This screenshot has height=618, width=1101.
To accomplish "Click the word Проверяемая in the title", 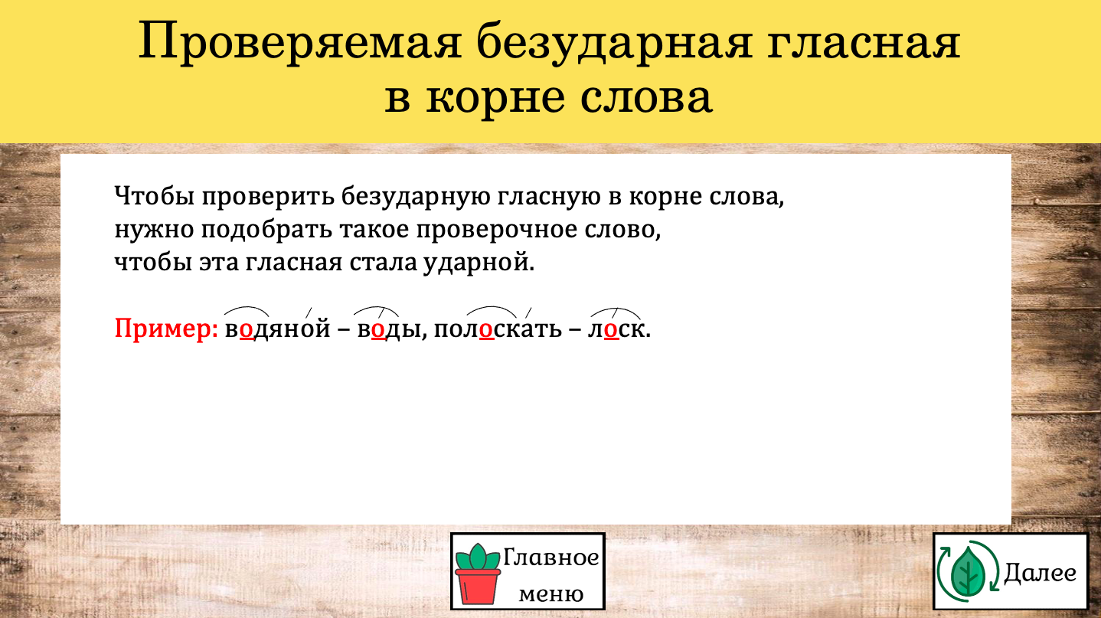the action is [x=300, y=42].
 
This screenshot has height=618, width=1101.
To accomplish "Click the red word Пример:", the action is [x=166, y=329].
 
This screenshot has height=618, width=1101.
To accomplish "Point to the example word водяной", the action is [x=278, y=328].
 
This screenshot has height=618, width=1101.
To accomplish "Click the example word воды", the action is [x=389, y=329].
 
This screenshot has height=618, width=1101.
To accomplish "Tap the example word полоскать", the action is [x=498, y=329].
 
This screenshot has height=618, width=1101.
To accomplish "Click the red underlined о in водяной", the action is [x=247, y=330].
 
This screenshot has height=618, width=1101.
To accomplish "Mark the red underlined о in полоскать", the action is [x=486, y=330].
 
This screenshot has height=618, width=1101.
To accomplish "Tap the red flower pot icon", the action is [x=477, y=574].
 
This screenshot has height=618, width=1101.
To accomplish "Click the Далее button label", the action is [x=1040, y=572].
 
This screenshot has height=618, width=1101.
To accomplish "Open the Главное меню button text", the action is [x=551, y=575].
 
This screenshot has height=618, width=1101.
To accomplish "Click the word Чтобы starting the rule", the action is [x=155, y=196].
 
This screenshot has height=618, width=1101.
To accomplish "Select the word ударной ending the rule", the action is [x=479, y=263].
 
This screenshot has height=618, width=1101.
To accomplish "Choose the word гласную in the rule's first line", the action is [x=549, y=197].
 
